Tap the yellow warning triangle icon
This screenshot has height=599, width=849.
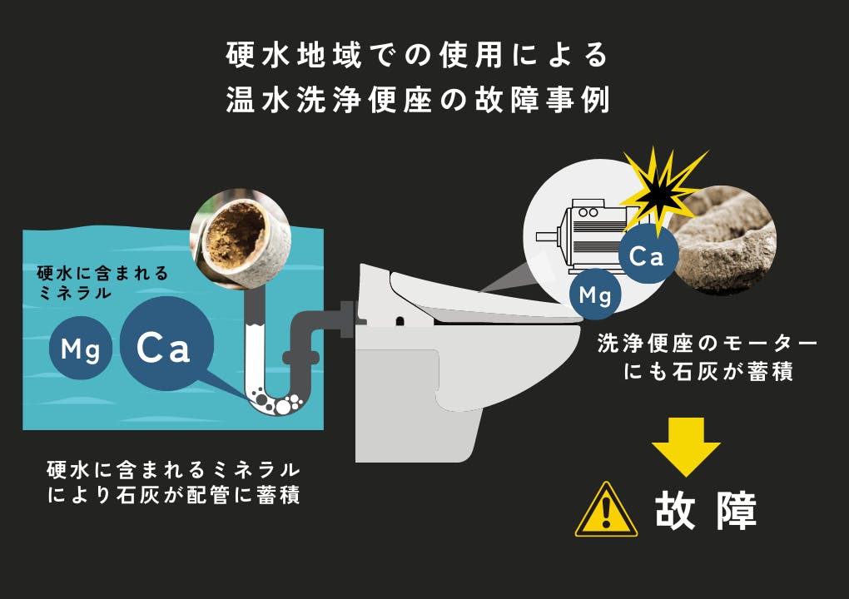point(606,510)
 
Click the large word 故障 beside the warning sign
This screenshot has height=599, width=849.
point(706,512)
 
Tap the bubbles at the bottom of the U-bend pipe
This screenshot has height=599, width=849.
point(275,403)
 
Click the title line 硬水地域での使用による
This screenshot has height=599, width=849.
point(419,55)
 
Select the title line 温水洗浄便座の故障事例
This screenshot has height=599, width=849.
point(419,100)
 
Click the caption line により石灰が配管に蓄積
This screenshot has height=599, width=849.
point(174,496)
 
